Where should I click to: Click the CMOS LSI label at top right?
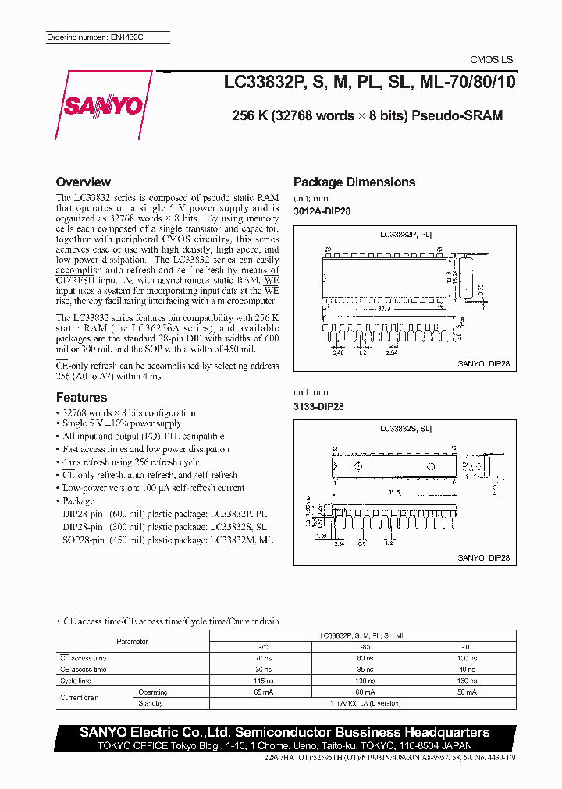pyautogui.click(x=492, y=60)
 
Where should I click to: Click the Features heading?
pyautogui.click(x=82, y=398)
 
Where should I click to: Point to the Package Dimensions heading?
pyautogui.click(x=354, y=182)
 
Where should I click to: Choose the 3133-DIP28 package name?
pyautogui.click(x=318, y=406)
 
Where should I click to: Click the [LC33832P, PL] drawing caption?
pyautogui.click(x=404, y=234)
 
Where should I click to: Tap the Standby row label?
pyautogui.click(x=151, y=703)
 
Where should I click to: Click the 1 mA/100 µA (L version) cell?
pyautogui.click(x=363, y=703)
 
